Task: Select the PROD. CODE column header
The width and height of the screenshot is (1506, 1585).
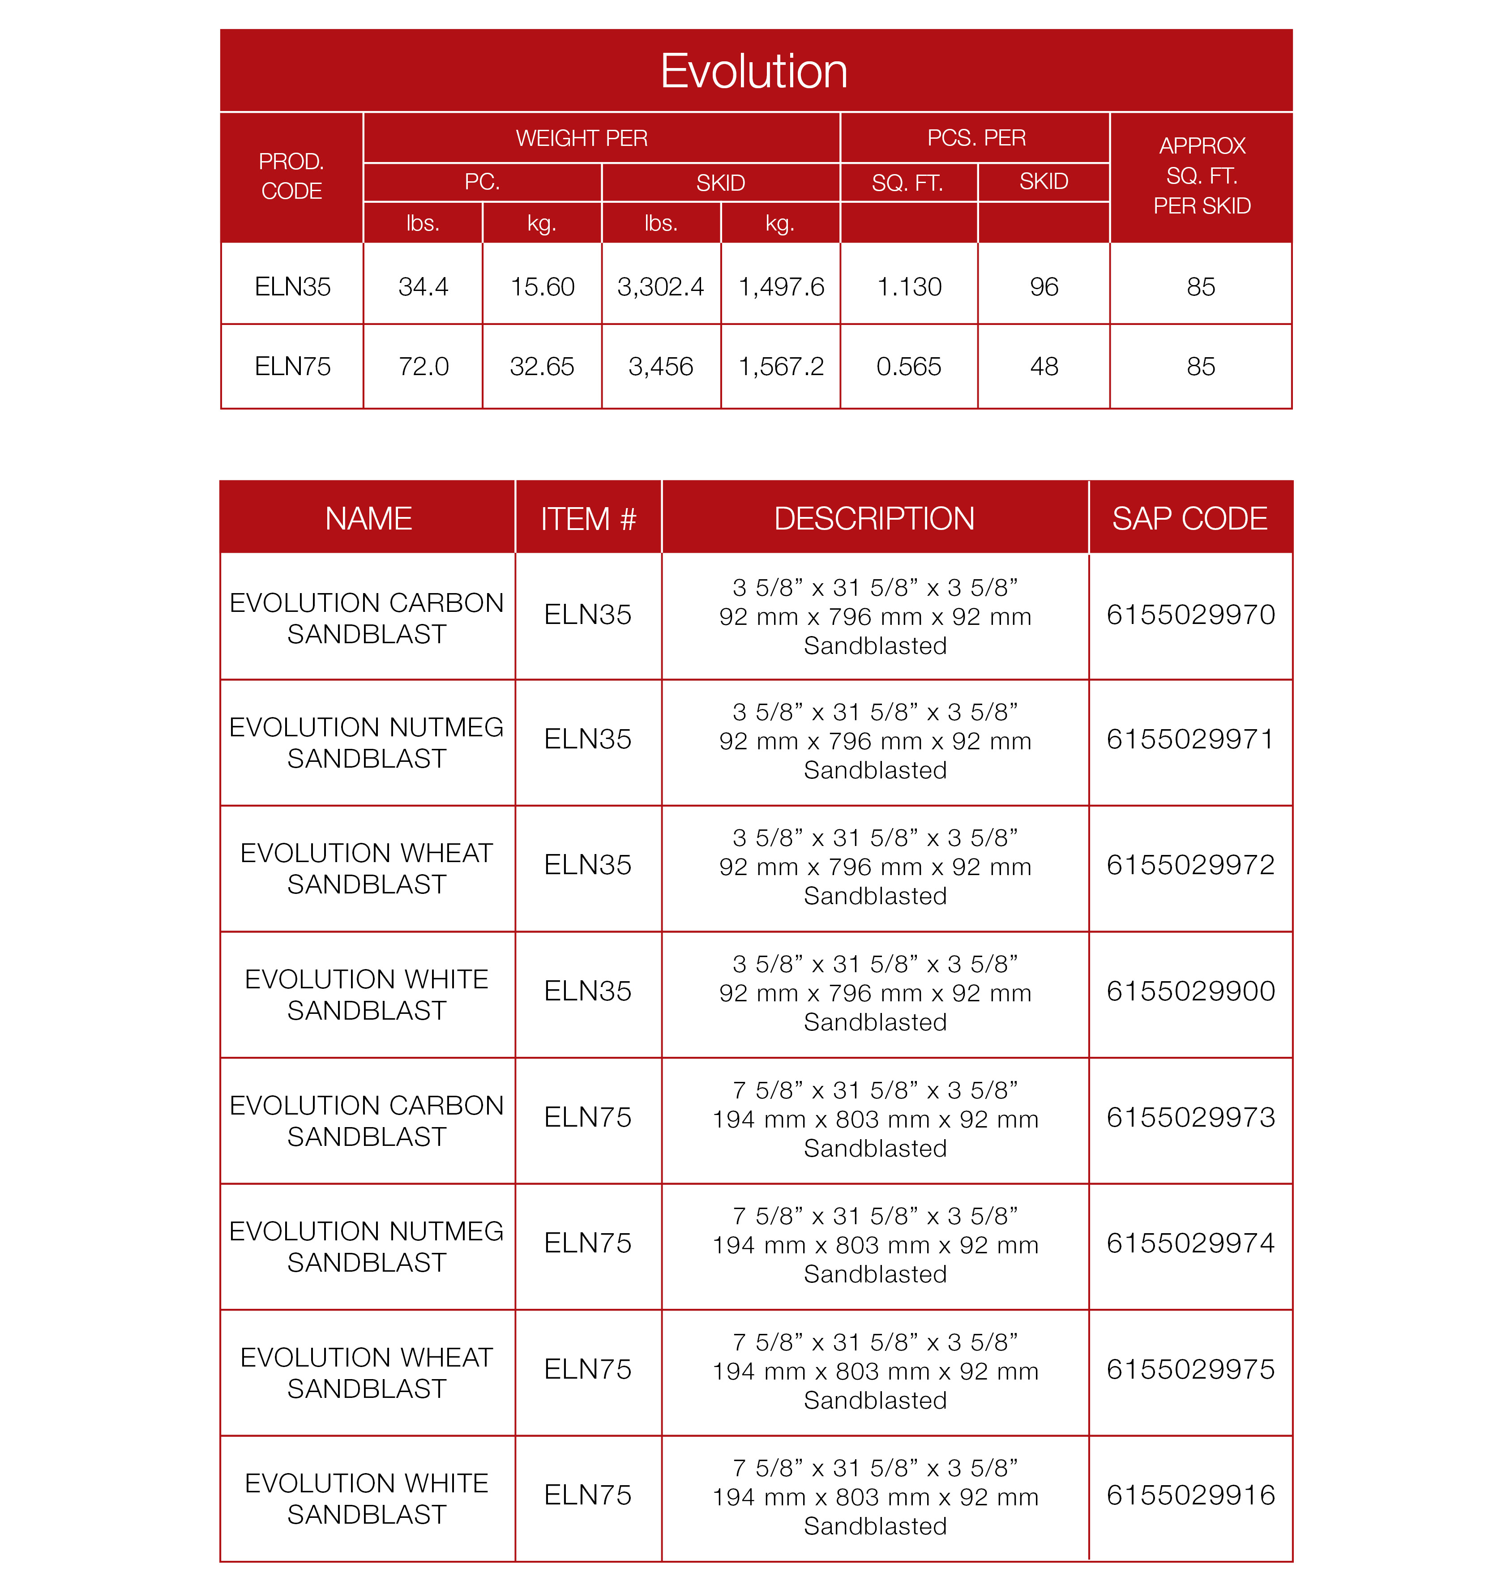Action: [291, 176]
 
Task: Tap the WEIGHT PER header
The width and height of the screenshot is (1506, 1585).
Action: [581, 138]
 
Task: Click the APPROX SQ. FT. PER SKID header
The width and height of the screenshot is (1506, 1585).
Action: [1201, 176]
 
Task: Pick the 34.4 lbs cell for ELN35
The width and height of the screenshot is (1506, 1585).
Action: [423, 286]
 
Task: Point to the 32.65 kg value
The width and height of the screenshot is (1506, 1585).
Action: [542, 367]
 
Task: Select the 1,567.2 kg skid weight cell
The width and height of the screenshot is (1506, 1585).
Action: [780, 367]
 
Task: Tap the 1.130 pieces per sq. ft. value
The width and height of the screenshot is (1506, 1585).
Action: [909, 286]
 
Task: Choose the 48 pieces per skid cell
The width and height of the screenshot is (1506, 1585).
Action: [1044, 367]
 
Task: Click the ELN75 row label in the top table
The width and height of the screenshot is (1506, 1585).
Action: [292, 367]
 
